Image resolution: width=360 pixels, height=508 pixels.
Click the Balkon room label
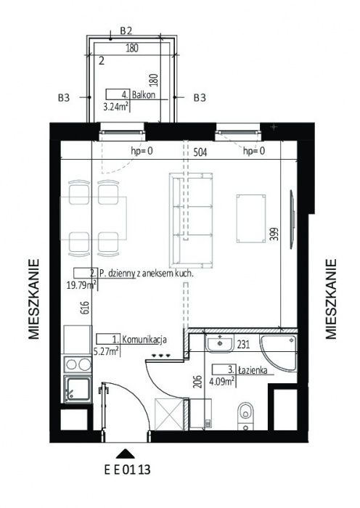(x=144, y=94)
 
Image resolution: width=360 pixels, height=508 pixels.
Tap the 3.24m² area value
(x=115, y=106)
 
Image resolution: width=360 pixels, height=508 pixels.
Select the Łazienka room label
(x=253, y=369)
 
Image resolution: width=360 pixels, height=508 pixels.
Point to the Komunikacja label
(x=144, y=340)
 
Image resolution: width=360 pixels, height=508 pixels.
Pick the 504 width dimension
(x=200, y=152)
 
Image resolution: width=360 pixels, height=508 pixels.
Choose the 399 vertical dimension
(x=275, y=234)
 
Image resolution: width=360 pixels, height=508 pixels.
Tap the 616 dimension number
(x=84, y=308)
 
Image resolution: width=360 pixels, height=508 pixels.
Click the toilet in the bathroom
(x=246, y=416)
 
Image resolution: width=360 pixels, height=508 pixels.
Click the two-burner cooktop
(x=78, y=364)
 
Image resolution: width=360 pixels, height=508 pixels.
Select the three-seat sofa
(x=191, y=221)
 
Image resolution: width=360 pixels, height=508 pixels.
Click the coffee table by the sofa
(x=251, y=218)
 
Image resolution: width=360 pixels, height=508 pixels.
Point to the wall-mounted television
(x=292, y=219)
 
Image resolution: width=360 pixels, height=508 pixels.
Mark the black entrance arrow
(x=126, y=454)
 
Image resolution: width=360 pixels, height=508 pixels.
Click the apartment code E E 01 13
(x=127, y=470)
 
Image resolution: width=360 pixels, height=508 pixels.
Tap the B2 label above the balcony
(x=126, y=30)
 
